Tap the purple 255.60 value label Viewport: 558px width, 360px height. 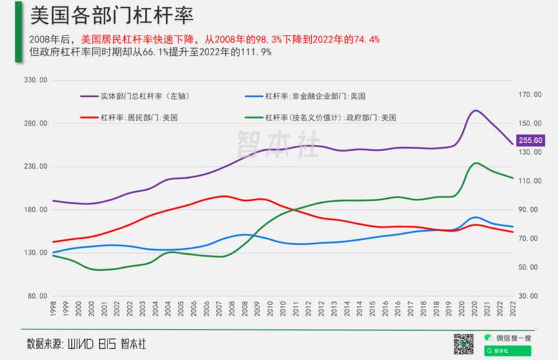pos(529,141)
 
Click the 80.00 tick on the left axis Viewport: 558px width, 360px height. pos(36,296)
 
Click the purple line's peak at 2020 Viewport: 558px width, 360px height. pos(476,110)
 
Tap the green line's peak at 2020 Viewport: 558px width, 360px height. pos(476,163)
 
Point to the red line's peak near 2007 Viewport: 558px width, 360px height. pos(223,196)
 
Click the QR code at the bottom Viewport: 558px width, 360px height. pos(465,344)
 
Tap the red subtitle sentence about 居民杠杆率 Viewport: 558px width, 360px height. pos(230,39)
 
